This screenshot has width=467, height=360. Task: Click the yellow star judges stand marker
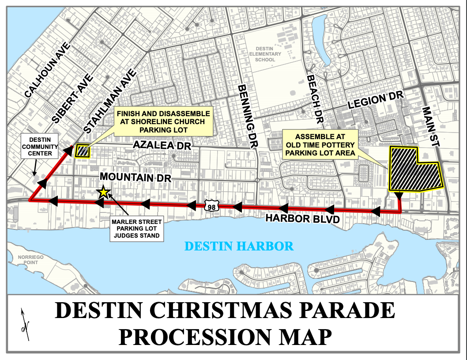point(103,192)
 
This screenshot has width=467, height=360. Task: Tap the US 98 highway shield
point(211,205)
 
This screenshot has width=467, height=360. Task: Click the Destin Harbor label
point(239,246)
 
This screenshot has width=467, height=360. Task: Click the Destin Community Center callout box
point(38,147)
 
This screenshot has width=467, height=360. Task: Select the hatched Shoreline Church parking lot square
point(83,151)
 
